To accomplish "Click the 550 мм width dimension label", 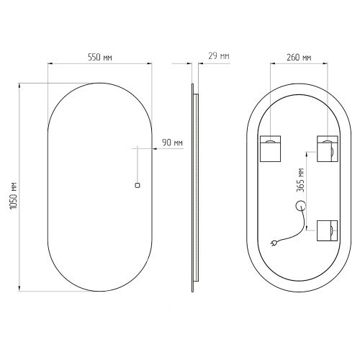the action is (x=100, y=58).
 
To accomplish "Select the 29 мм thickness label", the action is (x=219, y=56).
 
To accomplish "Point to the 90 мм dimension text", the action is (x=172, y=143).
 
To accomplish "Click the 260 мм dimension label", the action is (x=299, y=58).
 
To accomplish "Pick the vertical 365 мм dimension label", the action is (x=300, y=180).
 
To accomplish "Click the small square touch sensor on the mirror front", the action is (x=138, y=185).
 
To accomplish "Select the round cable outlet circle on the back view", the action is (x=300, y=206).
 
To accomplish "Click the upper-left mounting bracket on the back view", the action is (x=271, y=149).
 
